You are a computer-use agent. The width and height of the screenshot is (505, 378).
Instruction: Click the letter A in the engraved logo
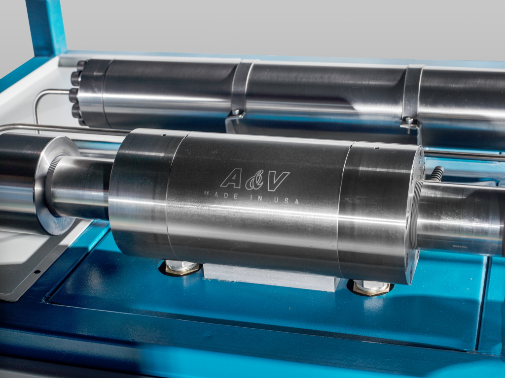coord(231,178)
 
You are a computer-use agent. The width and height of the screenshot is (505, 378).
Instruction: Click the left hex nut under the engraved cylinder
coord(181,267)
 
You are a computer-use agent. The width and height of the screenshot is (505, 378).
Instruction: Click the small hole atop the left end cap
coord(164,135)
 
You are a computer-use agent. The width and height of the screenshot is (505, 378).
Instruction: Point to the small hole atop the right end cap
coord(376,148)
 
